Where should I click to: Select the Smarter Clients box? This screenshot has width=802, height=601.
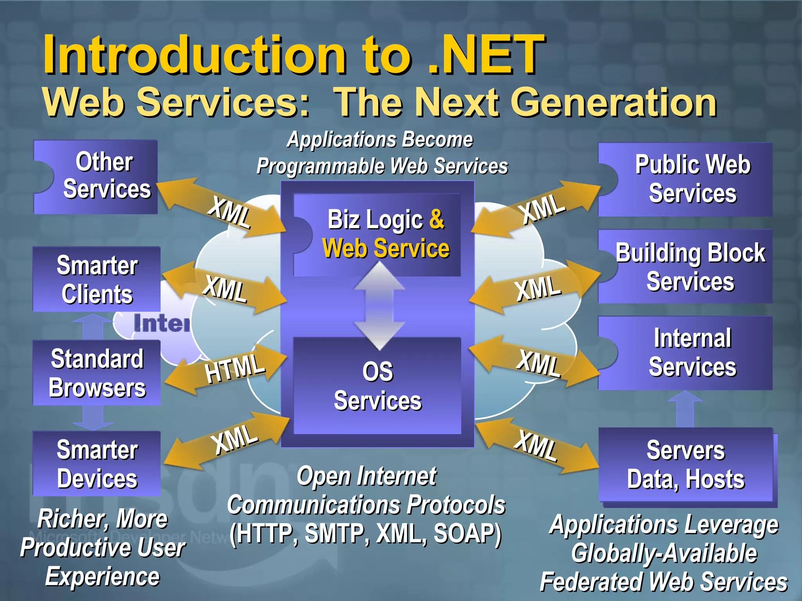tap(97, 279)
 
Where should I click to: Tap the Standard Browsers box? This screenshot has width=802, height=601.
tap(97, 372)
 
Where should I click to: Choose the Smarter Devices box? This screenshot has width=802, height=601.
tap(97, 464)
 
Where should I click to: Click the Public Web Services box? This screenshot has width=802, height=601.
tap(685, 180)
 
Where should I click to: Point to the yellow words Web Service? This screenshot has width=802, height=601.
tap(386, 249)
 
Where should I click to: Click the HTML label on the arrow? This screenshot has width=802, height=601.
tap(234, 368)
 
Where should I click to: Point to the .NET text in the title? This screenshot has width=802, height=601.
tap(486, 55)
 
